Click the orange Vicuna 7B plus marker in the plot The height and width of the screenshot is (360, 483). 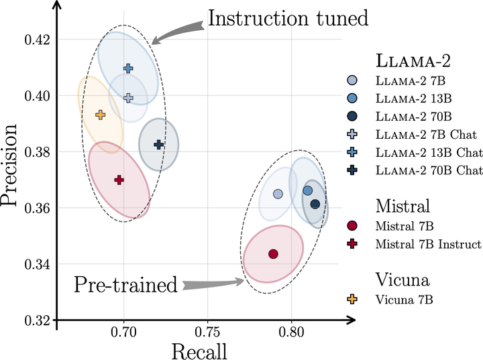tap(100, 115)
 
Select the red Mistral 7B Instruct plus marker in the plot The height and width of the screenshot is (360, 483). tap(119, 180)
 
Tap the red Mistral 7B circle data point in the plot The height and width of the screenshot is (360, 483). tap(273, 254)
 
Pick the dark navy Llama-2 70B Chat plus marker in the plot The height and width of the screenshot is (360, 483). tap(158, 144)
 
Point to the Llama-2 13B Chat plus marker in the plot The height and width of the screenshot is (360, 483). tap(128, 68)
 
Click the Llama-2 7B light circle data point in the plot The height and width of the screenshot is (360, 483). tap(278, 194)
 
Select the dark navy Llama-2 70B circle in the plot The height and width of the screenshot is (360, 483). tap(315, 204)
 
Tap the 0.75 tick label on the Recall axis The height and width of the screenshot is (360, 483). tap(207, 333)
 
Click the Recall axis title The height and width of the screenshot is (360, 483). tap(199, 351)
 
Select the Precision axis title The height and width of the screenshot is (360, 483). tap(9, 165)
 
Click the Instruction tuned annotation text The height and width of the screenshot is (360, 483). tap(288, 18)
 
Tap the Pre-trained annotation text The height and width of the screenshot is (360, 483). tap(126, 284)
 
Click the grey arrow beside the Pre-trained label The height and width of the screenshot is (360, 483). tap(213, 284)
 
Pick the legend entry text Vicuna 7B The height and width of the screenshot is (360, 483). tap(404, 300)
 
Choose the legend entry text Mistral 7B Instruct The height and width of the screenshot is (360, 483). tap(428, 244)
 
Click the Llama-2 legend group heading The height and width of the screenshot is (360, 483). tap(413, 60)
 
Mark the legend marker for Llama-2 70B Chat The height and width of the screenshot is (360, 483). tap(352, 170)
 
